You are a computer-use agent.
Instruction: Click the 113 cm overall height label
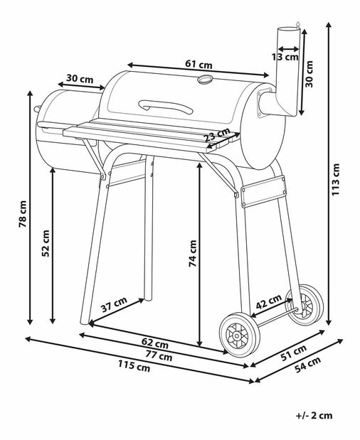336,180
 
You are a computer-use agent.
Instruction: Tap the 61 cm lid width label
198,64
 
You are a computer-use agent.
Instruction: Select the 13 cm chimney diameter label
285,57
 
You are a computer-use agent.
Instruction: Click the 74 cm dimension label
193,253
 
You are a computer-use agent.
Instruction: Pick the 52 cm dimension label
46,243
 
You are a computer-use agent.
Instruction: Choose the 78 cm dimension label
23,214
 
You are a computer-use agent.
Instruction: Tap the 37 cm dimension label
114,304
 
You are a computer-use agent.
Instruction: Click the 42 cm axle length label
268,301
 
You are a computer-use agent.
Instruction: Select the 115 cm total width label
134,366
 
